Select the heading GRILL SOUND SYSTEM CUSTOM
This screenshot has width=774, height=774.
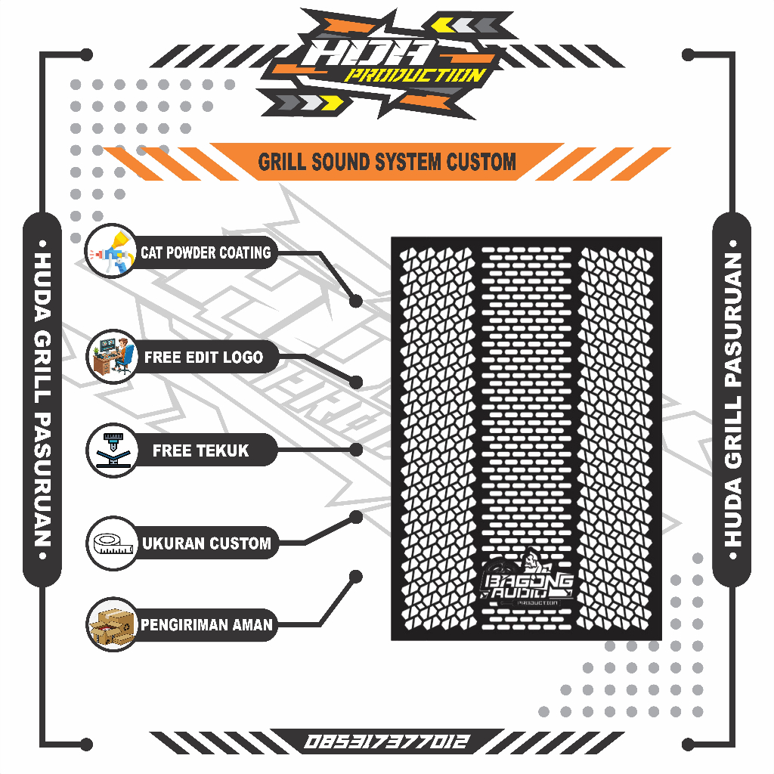(387, 162)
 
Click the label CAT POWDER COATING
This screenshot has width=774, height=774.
(206, 252)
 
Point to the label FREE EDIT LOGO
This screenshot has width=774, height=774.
(204, 357)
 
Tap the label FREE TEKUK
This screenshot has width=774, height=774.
(200, 450)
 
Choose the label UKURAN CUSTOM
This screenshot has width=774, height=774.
(206, 543)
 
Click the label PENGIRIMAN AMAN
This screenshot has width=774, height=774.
(206, 625)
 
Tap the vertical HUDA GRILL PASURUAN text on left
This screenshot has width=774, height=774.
(43, 400)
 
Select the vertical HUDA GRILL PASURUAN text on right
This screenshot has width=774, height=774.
(732, 400)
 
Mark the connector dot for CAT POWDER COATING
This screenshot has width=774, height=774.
(356, 301)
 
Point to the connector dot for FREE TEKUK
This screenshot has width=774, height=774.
(356, 450)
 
